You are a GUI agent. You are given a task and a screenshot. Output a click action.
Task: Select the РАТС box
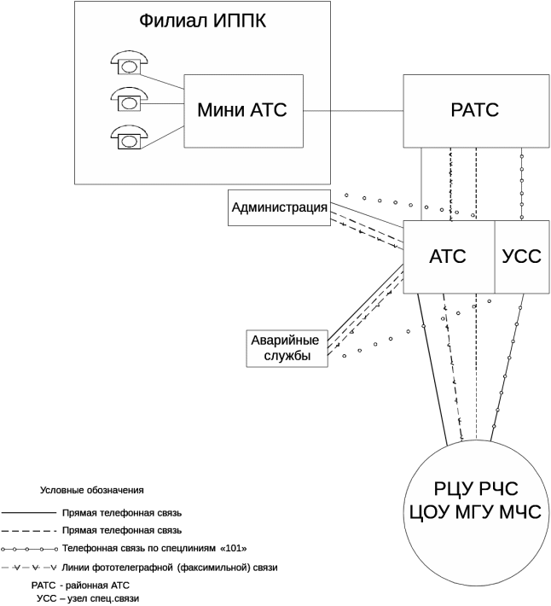(x=475, y=110)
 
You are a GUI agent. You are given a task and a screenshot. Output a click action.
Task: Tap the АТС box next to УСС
(x=448, y=256)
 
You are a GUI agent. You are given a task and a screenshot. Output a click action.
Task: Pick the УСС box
(x=521, y=256)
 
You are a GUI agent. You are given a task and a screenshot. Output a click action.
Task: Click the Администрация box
(x=280, y=207)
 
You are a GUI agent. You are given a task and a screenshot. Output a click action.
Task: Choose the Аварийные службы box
(x=287, y=348)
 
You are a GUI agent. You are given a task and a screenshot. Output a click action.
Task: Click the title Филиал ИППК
(x=203, y=21)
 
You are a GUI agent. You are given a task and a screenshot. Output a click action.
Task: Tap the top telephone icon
(x=130, y=61)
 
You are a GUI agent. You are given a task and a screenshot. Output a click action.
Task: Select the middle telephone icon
(x=130, y=100)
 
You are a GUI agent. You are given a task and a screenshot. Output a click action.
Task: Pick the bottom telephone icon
(x=130, y=137)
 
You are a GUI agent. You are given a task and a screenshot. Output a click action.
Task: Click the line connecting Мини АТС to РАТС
(x=353, y=110)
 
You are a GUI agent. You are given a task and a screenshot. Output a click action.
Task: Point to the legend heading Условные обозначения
(x=92, y=491)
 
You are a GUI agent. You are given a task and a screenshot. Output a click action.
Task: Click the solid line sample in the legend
(x=29, y=514)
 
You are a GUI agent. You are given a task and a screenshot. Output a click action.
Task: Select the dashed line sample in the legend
(x=29, y=531)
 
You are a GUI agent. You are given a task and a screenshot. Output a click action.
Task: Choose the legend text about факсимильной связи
(x=170, y=568)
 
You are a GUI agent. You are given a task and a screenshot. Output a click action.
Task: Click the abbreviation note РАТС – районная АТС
(x=80, y=586)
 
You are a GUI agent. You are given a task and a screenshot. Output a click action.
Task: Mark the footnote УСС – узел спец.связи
(x=87, y=599)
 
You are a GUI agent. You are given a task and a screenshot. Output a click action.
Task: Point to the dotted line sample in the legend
(x=29, y=549)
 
